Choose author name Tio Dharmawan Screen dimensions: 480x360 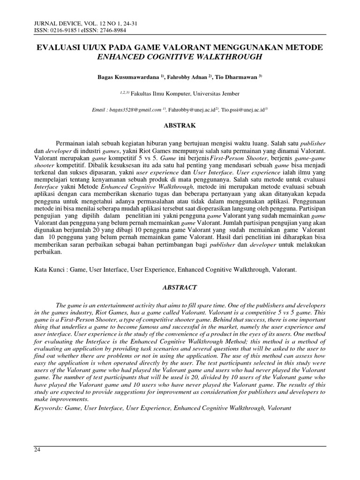[x=239, y=75]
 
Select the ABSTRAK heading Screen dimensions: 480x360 [x=180, y=126]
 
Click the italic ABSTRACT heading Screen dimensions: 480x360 [x=180, y=287]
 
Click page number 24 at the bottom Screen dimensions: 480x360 [x=37, y=450]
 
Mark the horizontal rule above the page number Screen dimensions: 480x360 [x=180, y=446]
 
